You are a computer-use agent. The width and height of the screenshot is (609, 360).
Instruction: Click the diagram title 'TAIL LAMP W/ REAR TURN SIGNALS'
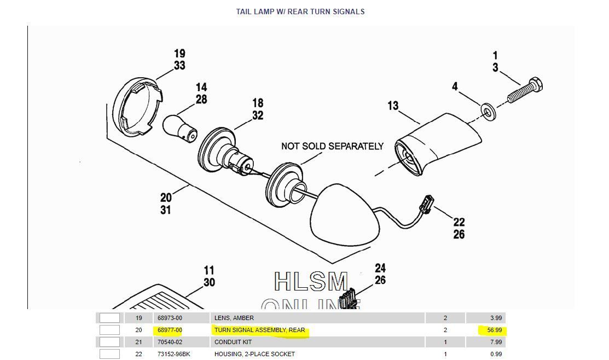300,11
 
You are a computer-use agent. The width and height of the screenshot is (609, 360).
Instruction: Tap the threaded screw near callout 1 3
524,92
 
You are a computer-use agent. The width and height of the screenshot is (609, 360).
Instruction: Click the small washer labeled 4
487,111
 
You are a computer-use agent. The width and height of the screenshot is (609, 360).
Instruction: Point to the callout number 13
393,106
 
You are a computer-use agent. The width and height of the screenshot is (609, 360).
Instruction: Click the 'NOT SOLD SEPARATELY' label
332,146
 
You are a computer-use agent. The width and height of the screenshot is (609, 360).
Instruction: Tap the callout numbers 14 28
201,94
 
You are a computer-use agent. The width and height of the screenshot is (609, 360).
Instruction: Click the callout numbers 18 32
258,109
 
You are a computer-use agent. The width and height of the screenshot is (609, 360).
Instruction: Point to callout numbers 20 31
166,203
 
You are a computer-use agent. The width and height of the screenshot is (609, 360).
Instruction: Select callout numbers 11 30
209,276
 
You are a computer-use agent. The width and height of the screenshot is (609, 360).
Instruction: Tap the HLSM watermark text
311,282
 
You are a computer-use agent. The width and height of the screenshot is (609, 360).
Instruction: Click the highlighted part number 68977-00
170,330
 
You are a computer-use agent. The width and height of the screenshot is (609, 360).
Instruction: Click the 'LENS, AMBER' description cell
234,318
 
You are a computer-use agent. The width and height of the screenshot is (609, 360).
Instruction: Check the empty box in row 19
109,318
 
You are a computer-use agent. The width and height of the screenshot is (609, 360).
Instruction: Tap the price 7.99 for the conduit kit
496,342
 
